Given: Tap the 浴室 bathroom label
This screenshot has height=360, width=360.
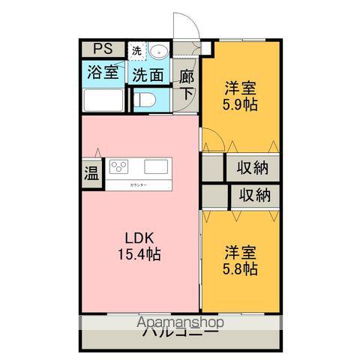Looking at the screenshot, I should click(102, 74).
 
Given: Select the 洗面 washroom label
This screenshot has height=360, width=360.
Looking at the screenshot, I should click(148, 74).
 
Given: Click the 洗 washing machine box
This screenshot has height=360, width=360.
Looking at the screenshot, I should click(136, 51).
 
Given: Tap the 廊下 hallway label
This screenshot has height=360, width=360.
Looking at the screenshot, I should click(186, 85).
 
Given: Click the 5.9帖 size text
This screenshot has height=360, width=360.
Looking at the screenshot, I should click(241, 104).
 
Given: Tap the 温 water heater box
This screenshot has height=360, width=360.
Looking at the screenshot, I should click(91, 173).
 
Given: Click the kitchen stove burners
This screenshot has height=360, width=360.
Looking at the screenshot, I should click(120, 166).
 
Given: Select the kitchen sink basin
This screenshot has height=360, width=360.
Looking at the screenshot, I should click(158, 166).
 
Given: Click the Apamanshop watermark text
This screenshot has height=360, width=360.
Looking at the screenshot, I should click(181, 322).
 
